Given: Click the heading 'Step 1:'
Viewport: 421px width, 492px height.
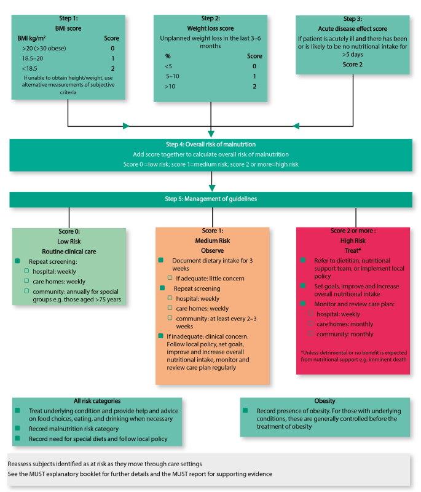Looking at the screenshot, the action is (x=68, y=18).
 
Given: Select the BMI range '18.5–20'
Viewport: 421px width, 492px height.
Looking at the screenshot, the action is (x=33, y=58).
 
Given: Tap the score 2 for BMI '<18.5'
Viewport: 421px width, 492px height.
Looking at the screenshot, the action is (x=112, y=68).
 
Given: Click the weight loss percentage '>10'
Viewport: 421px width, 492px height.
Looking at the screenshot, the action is (x=170, y=86).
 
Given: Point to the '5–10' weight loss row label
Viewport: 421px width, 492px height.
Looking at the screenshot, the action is (x=173, y=76).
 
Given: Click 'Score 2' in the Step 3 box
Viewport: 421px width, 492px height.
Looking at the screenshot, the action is (x=352, y=65).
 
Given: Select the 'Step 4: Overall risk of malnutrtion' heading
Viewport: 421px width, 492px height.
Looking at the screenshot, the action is (x=211, y=145).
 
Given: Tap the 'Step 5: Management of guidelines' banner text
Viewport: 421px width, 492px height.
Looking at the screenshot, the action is (x=211, y=199).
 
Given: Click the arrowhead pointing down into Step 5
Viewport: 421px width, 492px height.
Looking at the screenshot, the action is (x=212, y=188).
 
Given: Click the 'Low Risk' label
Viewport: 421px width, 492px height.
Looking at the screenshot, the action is (x=69, y=241).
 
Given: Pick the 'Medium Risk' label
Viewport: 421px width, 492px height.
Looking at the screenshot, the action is (x=213, y=240).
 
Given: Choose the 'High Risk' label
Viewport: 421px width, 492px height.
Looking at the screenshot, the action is (x=353, y=240).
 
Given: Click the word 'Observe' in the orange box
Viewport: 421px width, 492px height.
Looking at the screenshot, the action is (x=213, y=251).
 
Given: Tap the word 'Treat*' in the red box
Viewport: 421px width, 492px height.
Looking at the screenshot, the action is (x=353, y=251).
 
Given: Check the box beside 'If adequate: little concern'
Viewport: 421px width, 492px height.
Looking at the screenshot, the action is (x=170, y=278).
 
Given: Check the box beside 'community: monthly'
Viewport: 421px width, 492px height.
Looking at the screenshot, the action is (x=310, y=333).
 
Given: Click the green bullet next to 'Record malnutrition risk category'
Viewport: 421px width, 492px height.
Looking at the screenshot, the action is (x=17, y=428).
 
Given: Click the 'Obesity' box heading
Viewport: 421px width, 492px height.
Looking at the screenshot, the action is (x=325, y=401).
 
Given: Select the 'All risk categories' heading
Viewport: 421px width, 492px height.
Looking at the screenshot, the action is (x=97, y=401).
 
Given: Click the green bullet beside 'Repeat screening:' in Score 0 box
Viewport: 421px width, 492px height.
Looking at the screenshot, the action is (x=17, y=261).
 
